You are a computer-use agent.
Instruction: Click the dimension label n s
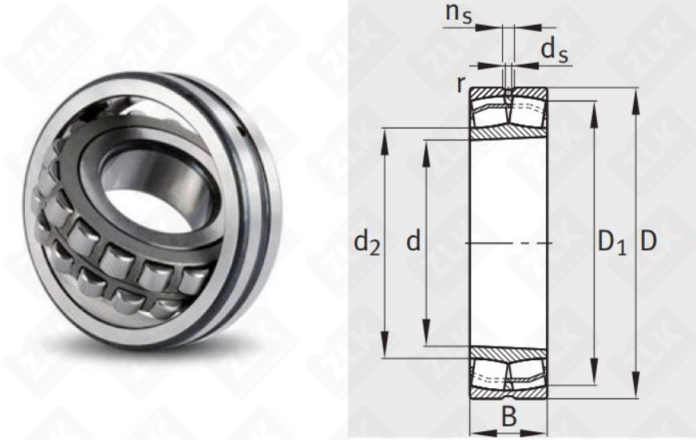click(x=458, y=14)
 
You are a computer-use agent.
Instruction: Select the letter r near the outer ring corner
click(x=461, y=85)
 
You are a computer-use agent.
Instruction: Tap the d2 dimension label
click(x=366, y=243)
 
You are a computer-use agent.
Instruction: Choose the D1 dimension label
click(x=612, y=243)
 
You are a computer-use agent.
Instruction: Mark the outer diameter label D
click(x=648, y=241)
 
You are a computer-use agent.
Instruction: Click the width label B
click(x=509, y=417)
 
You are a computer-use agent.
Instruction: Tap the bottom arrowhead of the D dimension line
click(x=637, y=384)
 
